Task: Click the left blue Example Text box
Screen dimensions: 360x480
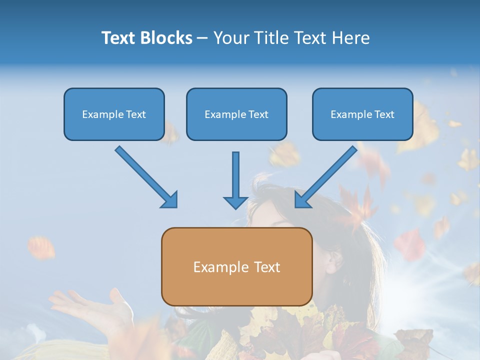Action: pyautogui.click(x=114, y=114)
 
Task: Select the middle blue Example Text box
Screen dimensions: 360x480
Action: pyautogui.click(x=236, y=114)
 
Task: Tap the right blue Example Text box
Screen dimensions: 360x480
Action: pyautogui.click(x=362, y=114)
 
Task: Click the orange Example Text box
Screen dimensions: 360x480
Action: pyautogui.click(x=236, y=266)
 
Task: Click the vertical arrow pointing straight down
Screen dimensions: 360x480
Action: pyautogui.click(x=235, y=180)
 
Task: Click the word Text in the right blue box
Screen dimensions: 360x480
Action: pyautogui.click(x=384, y=114)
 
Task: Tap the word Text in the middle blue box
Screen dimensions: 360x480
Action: pyautogui.click(x=258, y=114)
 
